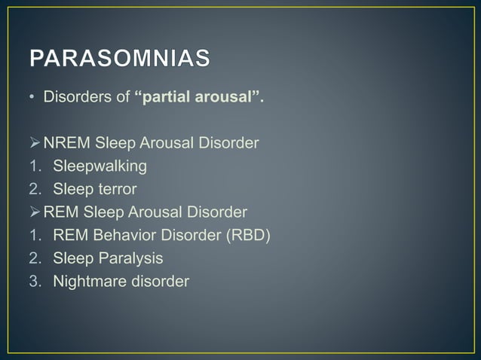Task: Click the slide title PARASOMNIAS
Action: click(120, 59)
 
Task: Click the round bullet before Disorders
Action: click(33, 98)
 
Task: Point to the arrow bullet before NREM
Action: click(35, 142)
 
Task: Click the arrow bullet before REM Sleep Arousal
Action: click(35, 212)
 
